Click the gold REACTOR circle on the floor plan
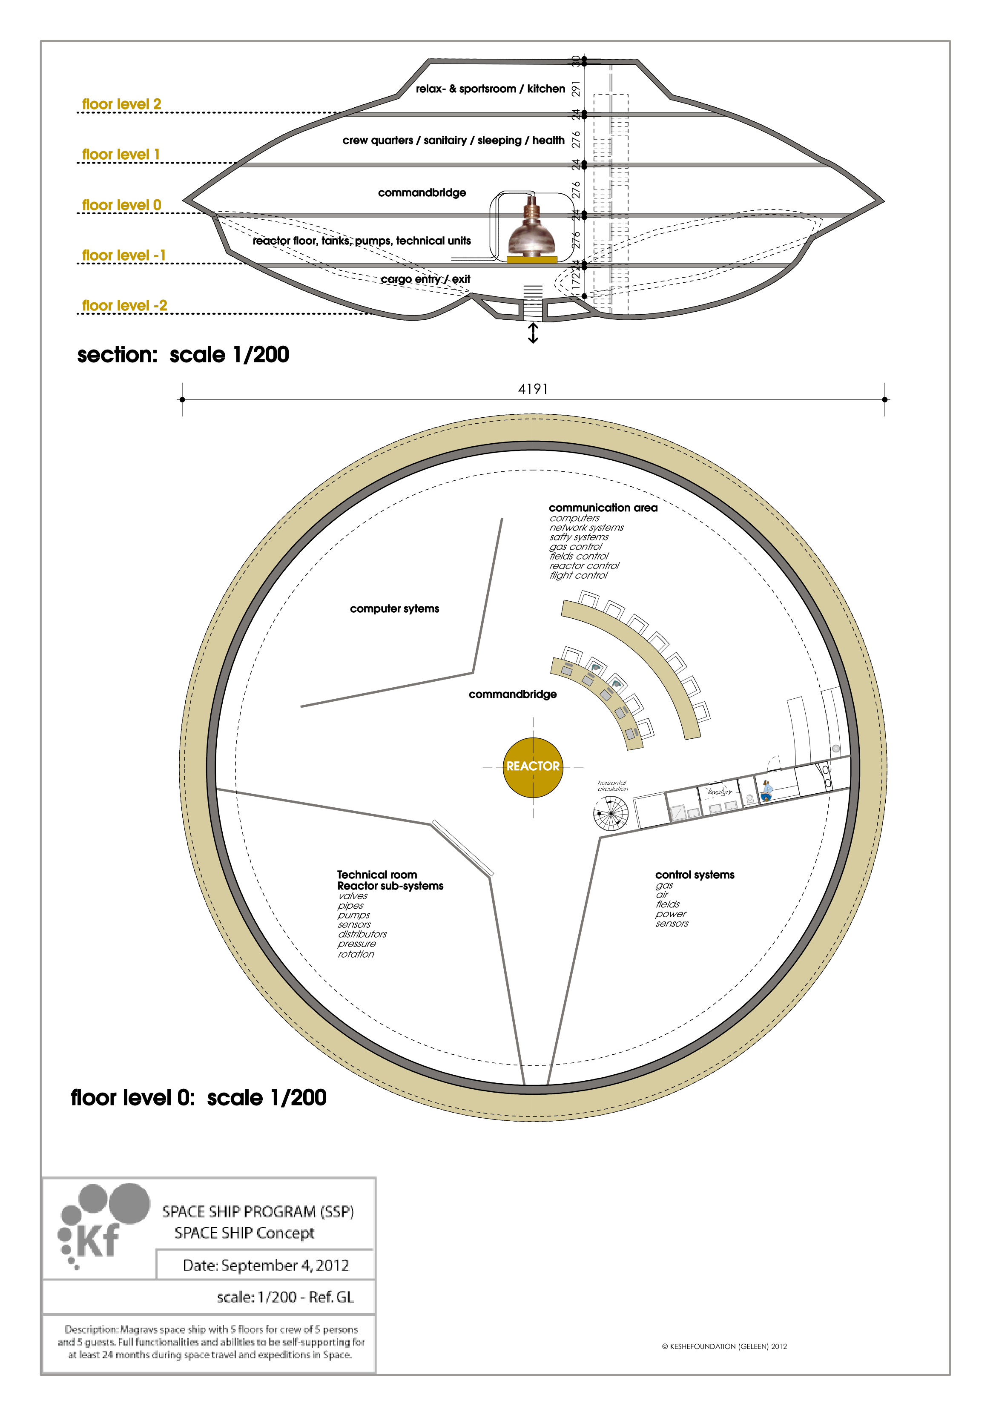click(x=533, y=767)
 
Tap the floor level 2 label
click(x=121, y=104)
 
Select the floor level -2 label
click(x=125, y=306)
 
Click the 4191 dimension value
click(x=533, y=389)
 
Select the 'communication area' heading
click(x=603, y=508)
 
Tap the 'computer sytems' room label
click(x=395, y=609)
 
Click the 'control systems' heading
click(x=695, y=875)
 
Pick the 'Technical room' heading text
click(x=377, y=875)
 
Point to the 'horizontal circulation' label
click(x=612, y=786)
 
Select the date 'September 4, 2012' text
click(x=266, y=1266)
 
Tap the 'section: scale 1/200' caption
click(x=183, y=355)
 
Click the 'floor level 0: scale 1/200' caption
click(x=198, y=1098)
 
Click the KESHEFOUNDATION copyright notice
click(x=724, y=1346)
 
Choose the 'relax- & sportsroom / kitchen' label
click(x=490, y=89)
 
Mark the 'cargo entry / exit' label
click(x=425, y=279)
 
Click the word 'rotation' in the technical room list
click(x=356, y=954)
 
